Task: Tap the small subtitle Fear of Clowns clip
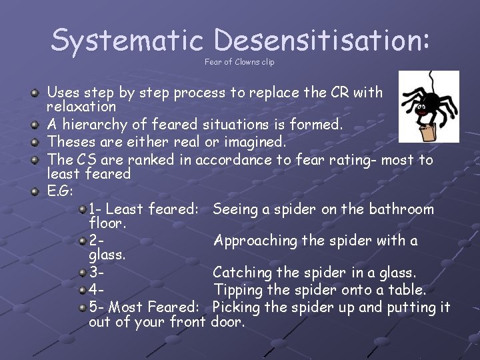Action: [239, 63]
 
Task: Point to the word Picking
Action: [237, 307]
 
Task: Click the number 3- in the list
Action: [97, 273]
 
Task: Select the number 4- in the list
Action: [97, 290]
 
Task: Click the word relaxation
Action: [81, 107]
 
